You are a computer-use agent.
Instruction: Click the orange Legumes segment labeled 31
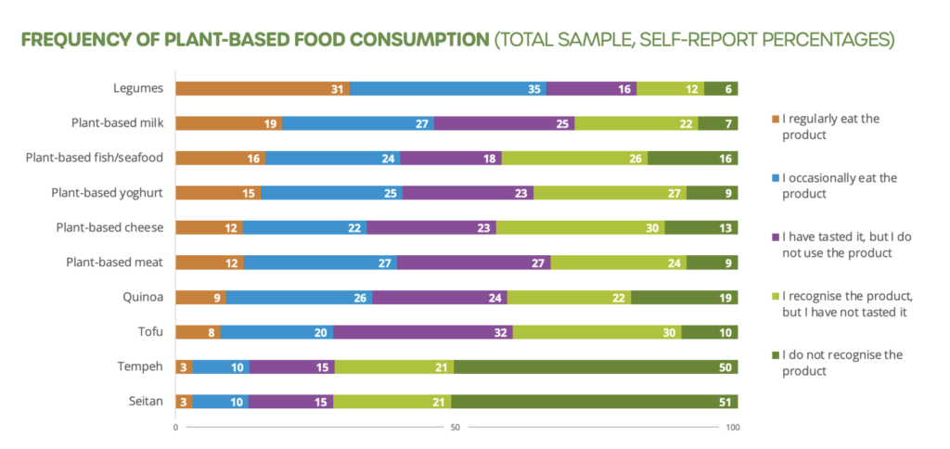click(x=263, y=89)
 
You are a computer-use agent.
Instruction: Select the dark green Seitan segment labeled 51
click(x=594, y=402)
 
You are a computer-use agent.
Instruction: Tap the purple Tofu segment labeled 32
click(x=423, y=332)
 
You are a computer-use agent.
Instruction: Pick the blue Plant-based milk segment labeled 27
click(x=358, y=123)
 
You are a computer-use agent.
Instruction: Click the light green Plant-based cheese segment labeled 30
click(x=581, y=227)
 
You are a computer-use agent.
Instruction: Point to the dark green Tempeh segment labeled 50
click(x=596, y=366)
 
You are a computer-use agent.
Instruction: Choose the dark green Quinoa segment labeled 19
click(x=684, y=297)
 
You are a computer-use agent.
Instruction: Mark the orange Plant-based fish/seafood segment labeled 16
click(x=221, y=159)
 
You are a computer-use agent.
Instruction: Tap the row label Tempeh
click(x=142, y=366)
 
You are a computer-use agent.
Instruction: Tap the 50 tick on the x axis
click(x=456, y=428)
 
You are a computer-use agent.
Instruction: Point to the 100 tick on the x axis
click(x=733, y=428)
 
